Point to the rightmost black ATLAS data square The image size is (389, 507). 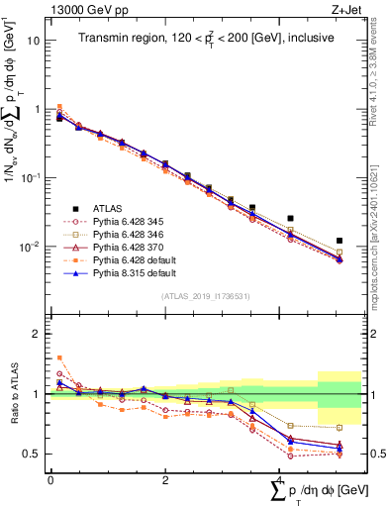340,241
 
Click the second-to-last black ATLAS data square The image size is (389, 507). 290,218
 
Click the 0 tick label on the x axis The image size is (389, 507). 50,478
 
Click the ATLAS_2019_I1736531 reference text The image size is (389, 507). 204,296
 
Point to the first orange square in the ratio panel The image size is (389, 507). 59,357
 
